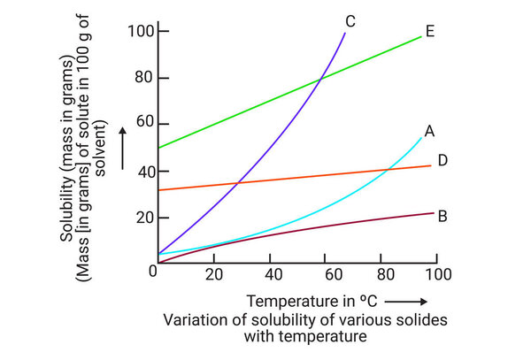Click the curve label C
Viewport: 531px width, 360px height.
[x=351, y=20]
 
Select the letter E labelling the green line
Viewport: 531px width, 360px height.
[x=429, y=32]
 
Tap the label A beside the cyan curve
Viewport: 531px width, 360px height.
[x=429, y=131]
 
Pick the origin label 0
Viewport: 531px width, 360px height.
[x=152, y=271]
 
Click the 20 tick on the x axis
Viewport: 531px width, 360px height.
[x=213, y=272]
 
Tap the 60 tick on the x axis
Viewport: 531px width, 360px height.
[x=328, y=272]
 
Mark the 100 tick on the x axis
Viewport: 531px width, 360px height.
[x=438, y=272]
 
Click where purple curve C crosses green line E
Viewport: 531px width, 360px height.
[x=319, y=78]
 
